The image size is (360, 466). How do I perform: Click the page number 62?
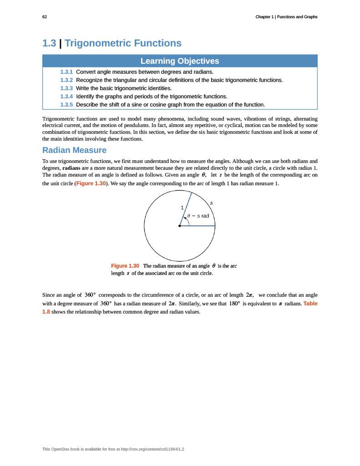point(45,17)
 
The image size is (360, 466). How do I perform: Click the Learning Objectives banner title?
point(180,61)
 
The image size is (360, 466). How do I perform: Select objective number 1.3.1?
point(66,72)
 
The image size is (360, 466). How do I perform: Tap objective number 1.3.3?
point(66,88)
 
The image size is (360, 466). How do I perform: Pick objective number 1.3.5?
point(66,105)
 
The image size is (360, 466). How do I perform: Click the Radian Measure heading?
point(74,150)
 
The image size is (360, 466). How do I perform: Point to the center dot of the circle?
point(180,226)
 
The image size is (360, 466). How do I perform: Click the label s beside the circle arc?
point(211,203)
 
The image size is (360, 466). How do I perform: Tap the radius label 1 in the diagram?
point(183,208)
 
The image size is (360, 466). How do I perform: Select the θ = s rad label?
point(198,216)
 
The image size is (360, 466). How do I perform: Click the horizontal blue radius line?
point(198,226)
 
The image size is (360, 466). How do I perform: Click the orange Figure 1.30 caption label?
point(125,266)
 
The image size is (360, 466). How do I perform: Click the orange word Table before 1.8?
point(310,304)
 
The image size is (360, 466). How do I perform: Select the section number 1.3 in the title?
point(49,43)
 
